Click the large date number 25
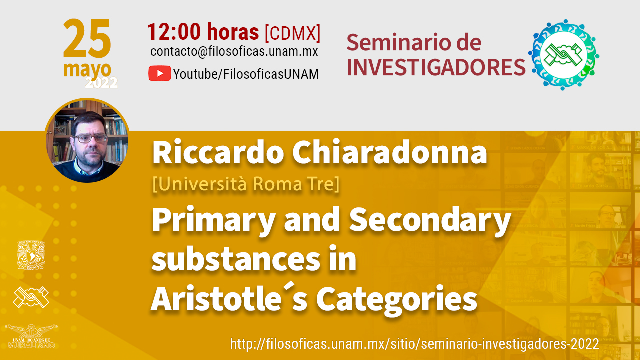click(87, 38)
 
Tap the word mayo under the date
click(87, 69)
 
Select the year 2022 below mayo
click(101, 83)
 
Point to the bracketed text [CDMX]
click(293, 33)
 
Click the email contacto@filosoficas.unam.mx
click(234, 51)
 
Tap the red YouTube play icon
click(160, 73)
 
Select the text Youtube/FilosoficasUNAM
click(246, 74)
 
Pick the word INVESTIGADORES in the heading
click(436, 67)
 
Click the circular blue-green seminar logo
click(563, 55)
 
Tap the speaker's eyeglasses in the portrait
click(90, 139)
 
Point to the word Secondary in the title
click(430, 221)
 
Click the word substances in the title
click(236, 259)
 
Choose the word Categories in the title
click(397, 300)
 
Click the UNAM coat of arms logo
click(31, 255)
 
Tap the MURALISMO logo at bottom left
click(31, 336)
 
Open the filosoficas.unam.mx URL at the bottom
click(415, 344)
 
